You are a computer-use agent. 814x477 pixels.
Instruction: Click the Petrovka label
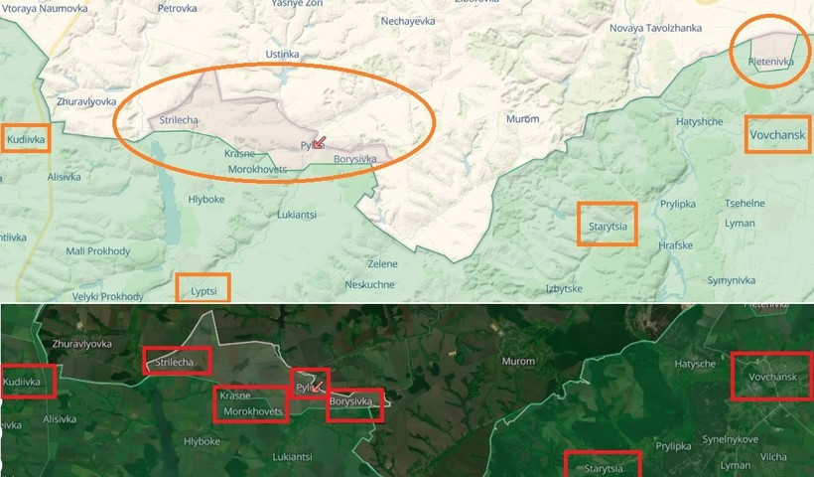tap(178, 9)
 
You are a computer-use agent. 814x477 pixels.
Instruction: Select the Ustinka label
tap(282, 54)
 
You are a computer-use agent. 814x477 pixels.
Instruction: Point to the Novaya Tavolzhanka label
tap(655, 28)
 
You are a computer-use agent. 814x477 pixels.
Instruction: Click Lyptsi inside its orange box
tap(203, 288)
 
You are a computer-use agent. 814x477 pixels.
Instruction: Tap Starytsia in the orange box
tap(607, 226)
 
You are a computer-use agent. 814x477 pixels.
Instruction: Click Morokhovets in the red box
tap(252, 410)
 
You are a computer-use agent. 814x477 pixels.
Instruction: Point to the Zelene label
tap(382, 263)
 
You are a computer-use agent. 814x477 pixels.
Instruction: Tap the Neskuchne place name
tap(370, 283)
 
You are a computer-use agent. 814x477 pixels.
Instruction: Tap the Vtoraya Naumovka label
tap(45, 8)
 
